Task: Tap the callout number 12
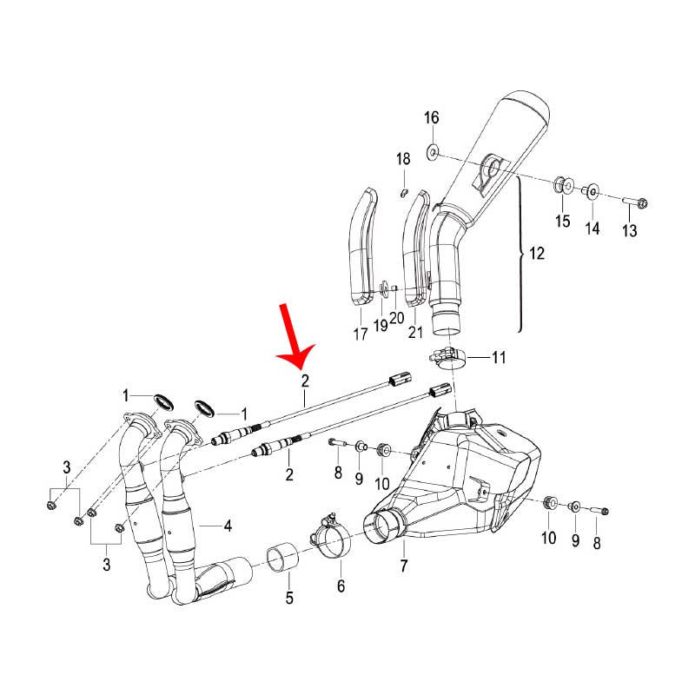pos(536,255)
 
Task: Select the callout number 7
pos(404,567)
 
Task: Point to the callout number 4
pos(227,526)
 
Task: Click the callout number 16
pos(432,118)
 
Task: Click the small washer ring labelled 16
pos(431,154)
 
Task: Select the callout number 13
pos(629,231)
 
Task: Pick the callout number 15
pos(563,221)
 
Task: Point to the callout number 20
pos(397,318)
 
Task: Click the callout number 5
pos(289,598)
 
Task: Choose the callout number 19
pos(381,325)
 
